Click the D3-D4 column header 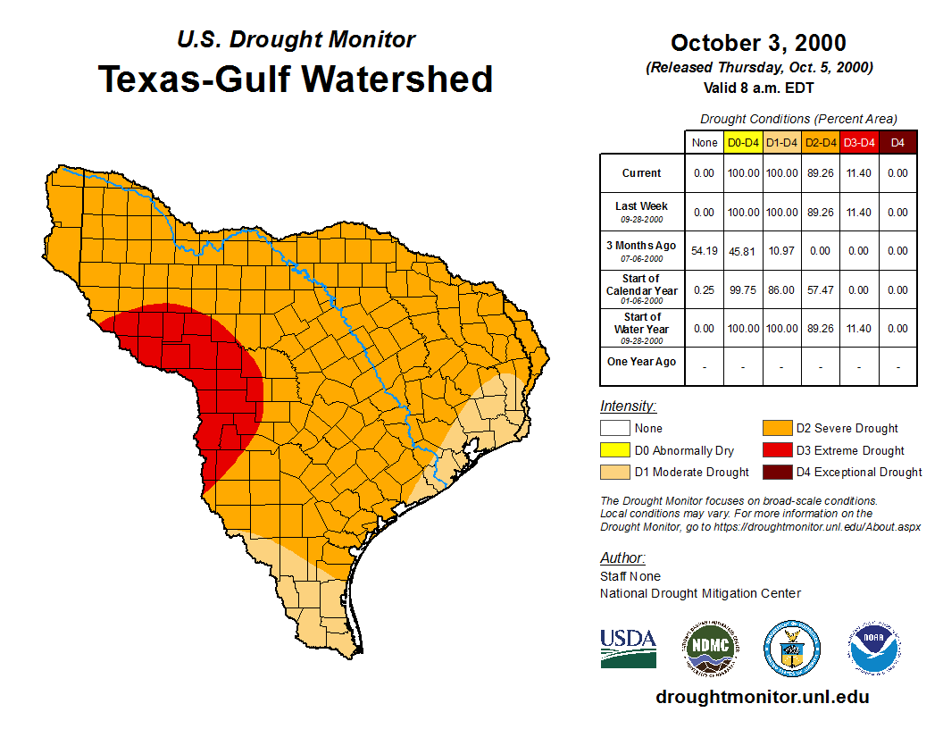pos(859,143)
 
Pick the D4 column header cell pos(897,143)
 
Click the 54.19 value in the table pos(705,251)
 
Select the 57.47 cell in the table pos(820,290)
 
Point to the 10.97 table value pos(781,251)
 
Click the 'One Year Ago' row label pos(642,362)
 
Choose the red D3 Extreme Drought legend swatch pos(776,450)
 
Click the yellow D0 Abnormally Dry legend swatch pos(614,450)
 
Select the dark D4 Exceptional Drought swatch pos(776,472)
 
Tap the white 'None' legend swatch pos(614,429)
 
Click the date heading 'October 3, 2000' pos(758,43)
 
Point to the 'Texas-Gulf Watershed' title pos(296,79)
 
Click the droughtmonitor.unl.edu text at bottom pos(762,697)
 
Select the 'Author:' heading pos(622,558)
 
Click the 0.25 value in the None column pos(705,290)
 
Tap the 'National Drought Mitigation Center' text pos(700,593)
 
